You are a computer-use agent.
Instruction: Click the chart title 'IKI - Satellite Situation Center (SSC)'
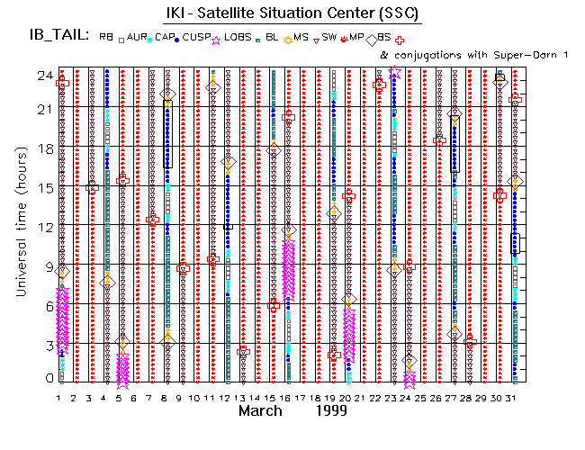coord(292,13)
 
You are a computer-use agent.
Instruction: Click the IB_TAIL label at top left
coord(57,37)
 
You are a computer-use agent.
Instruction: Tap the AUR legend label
coord(137,38)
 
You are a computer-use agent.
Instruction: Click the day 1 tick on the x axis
coord(59,397)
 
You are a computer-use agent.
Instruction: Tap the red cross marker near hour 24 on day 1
coord(62,84)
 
